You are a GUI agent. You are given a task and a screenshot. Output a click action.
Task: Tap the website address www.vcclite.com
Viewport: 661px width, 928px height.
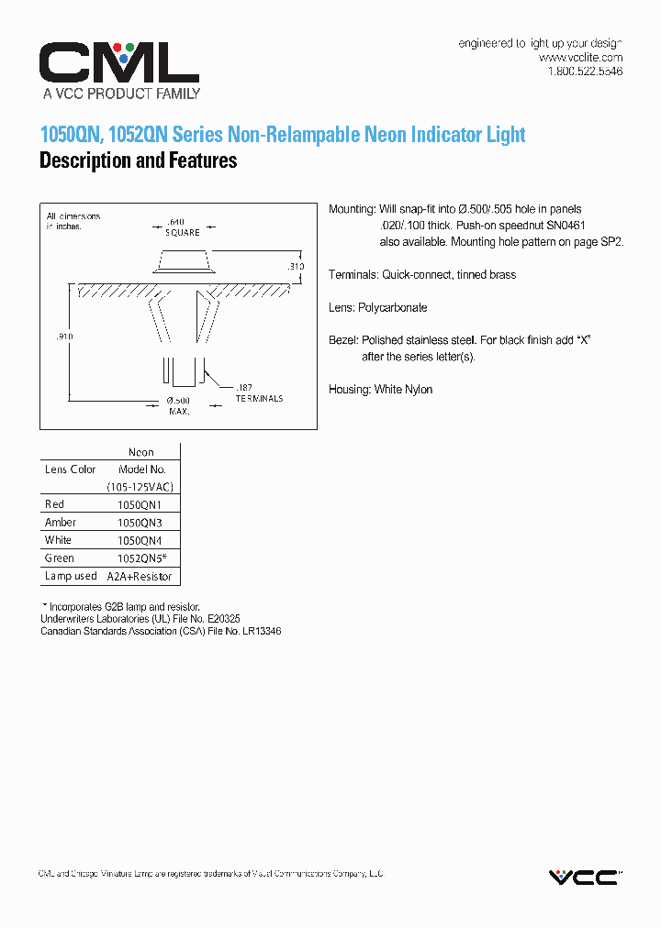tap(580, 57)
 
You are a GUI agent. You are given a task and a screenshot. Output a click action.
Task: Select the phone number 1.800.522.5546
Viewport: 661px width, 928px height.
tap(585, 71)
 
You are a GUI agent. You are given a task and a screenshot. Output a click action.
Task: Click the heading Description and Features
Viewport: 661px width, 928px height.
tap(138, 161)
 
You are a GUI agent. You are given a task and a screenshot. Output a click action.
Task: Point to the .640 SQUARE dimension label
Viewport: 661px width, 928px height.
tap(183, 226)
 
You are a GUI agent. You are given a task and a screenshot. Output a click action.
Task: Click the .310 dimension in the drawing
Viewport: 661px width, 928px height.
tap(295, 266)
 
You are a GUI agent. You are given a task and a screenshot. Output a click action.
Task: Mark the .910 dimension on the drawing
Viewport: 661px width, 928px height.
tap(63, 337)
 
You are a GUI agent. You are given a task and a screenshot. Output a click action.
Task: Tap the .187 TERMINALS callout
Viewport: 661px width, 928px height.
tap(258, 393)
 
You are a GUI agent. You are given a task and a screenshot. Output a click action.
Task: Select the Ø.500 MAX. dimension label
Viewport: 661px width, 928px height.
tap(178, 406)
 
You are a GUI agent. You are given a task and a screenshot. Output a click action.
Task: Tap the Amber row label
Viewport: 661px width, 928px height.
tap(61, 523)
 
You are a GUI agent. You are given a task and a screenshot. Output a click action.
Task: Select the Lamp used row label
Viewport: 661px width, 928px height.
tap(71, 577)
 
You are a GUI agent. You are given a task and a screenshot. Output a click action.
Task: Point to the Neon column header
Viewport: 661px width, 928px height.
tap(140, 452)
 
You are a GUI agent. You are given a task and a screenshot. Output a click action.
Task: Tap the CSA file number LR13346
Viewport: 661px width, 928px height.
tap(259, 632)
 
